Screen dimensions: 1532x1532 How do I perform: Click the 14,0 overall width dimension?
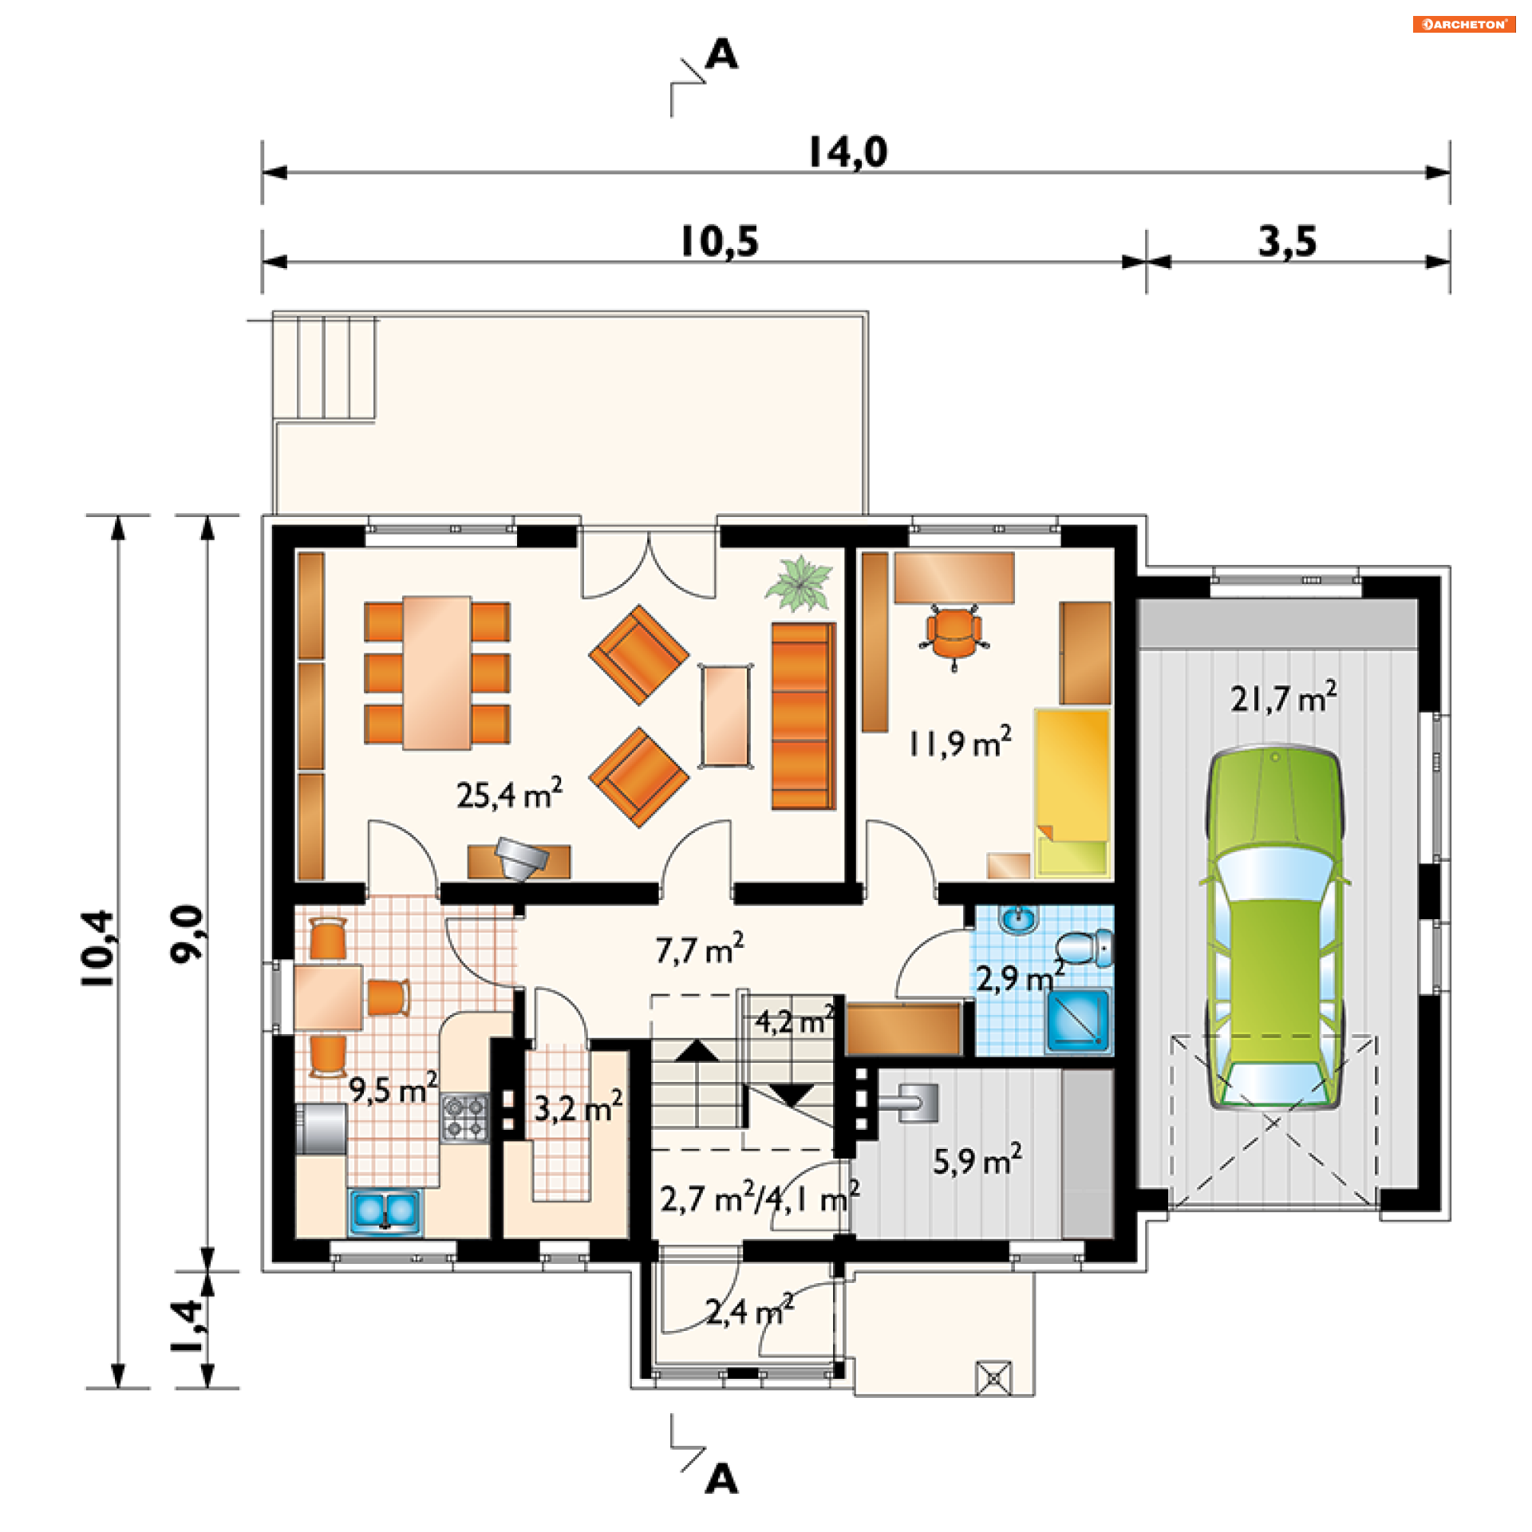(847, 152)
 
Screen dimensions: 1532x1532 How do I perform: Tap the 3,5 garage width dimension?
(1287, 241)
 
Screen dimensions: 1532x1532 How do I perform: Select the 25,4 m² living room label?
(509, 793)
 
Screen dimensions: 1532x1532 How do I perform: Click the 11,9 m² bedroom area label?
(960, 742)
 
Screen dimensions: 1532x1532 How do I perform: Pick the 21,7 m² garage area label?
(1283, 697)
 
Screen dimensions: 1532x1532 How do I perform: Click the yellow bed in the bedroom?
(1072, 793)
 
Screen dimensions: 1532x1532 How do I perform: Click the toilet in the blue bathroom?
(1086, 947)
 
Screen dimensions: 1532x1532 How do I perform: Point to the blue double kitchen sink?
(385, 1211)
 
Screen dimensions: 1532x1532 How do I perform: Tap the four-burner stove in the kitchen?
(465, 1118)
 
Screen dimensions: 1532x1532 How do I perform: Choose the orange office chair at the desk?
(954, 635)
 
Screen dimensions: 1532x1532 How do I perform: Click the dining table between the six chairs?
(436, 673)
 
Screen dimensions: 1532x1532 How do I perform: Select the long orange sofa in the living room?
(803, 716)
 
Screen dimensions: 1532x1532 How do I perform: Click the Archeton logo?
(1464, 24)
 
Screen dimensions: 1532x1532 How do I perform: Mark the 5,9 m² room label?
(977, 1161)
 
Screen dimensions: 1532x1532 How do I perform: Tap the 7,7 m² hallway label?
(700, 949)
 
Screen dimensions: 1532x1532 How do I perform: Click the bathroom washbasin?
(1019, 919)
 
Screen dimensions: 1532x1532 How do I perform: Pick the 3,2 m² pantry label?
(578, 1107)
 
